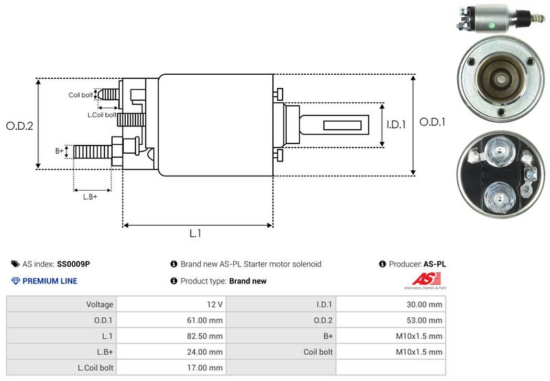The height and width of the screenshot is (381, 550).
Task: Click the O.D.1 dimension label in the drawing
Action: click(433, 122)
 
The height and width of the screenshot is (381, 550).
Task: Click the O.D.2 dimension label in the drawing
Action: click(20, 126)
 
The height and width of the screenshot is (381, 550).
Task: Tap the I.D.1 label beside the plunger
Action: click(397, 125)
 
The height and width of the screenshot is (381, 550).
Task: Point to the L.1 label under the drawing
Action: click(195, 233)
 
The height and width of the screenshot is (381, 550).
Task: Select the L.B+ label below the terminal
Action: click(90, 197)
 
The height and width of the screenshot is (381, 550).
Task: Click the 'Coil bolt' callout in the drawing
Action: click(80, 95)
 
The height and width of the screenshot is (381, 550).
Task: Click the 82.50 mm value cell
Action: click(206, 336)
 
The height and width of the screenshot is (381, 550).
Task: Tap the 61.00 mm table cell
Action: click(206, 320)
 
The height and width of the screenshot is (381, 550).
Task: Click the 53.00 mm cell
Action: click(426, 320)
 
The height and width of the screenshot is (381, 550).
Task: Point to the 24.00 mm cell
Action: click(206, 351)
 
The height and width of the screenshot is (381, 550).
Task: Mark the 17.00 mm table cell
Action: click(206, 367)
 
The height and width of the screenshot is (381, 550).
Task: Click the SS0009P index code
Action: click(74, 264)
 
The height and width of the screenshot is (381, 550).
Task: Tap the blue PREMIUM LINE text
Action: click(49, 281)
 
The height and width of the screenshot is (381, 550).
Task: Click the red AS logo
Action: click(421, 280)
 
